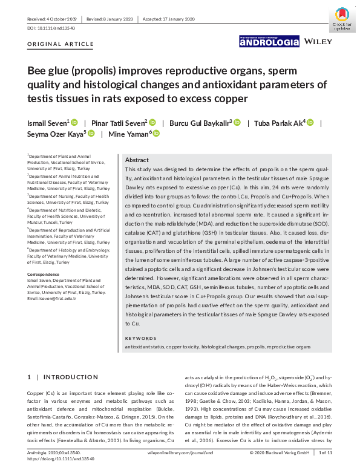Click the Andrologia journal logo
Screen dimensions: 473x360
(x=269, y=42)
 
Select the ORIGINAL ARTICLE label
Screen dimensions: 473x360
(x=61, y=44)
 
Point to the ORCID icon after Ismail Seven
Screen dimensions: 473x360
(x=74, y=122)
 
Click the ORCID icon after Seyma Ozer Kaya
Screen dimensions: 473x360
(x=92, y=134)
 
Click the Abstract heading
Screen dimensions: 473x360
(x=137, y=160)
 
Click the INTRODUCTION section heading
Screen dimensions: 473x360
(x=70, y=377)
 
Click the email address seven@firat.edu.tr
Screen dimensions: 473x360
(x=56, y=298)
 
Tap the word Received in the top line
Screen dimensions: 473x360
(x=38, y=19)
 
